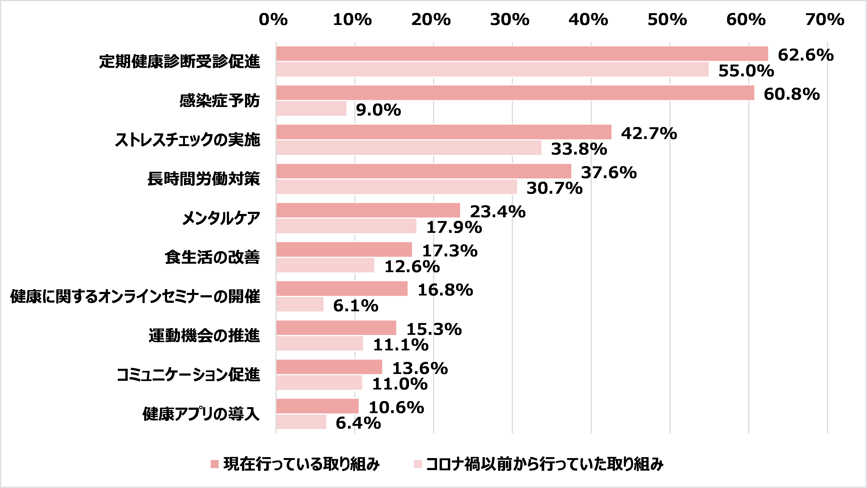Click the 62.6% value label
[x=806, y=55]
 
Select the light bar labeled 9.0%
[x=311, y=109]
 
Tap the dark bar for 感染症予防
[x=515, y=93]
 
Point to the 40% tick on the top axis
[x=588, y=20]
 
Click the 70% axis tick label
[x=825, y=20]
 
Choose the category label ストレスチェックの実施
[x=188, y=140]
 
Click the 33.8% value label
[x=579, y=149]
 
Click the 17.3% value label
[x=450, y=251]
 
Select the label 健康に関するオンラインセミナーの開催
[x=135, y=296]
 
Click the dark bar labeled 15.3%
[x=336, y=328]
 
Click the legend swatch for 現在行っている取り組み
[x=214, y=464]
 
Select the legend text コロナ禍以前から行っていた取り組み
[x=544, y=464]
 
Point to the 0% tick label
[x=273, y=20]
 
